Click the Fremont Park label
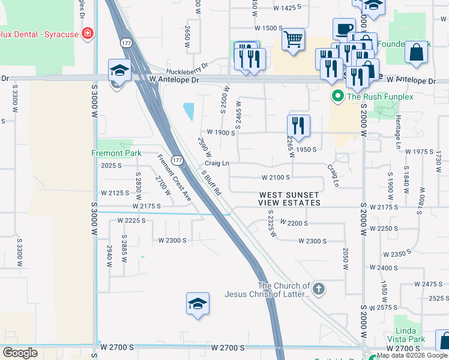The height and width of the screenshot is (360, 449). pos(116,153)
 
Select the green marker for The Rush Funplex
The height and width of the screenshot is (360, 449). pos(337,96)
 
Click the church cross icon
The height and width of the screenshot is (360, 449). pos(318,289)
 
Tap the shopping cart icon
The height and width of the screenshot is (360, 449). pos(293,40)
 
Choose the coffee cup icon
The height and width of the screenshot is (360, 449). pos(344,29)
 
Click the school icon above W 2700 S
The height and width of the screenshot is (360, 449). pos(197,304)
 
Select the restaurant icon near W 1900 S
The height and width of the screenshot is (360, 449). pos(298,125)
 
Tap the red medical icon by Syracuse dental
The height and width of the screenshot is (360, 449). pos(88,34)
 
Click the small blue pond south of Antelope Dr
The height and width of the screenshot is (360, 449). pos(189,111)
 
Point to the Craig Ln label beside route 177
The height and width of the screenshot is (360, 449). pos(217,163)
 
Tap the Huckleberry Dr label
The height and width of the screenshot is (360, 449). pos(188,67)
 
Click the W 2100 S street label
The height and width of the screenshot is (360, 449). pos(276,178)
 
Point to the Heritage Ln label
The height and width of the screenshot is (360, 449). pos(397,132)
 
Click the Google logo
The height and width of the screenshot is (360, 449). pos(20,352)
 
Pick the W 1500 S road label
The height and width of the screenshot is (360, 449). pos(268,28)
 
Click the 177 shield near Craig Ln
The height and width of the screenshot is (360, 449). pos(177,160)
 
